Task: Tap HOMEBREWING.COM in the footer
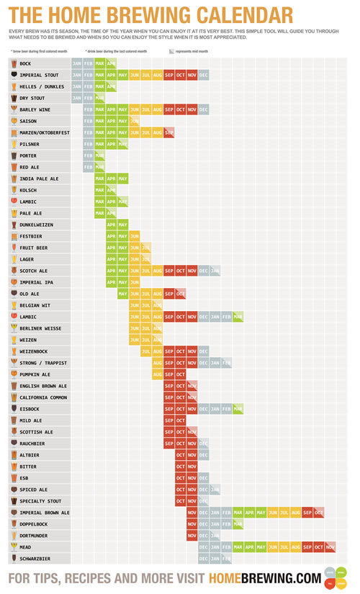click(264, 577)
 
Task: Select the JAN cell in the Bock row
click(77, 63)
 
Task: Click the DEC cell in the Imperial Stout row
click(204, 75)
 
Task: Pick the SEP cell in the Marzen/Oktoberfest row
click(169, 132)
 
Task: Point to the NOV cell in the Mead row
click(330, 546)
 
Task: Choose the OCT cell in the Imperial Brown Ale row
click(319, 512)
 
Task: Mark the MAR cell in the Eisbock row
click(238, 408)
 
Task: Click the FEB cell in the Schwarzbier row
click(227, 558)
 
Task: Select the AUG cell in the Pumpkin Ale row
click(158, 374)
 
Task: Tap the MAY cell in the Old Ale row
click(123, 294)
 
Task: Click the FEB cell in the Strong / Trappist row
click(227, 362)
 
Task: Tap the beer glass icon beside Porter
click(14, 156)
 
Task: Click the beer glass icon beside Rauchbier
click(14, 443)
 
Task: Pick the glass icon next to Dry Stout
click(14, 98)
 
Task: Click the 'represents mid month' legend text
click(194, 52)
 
